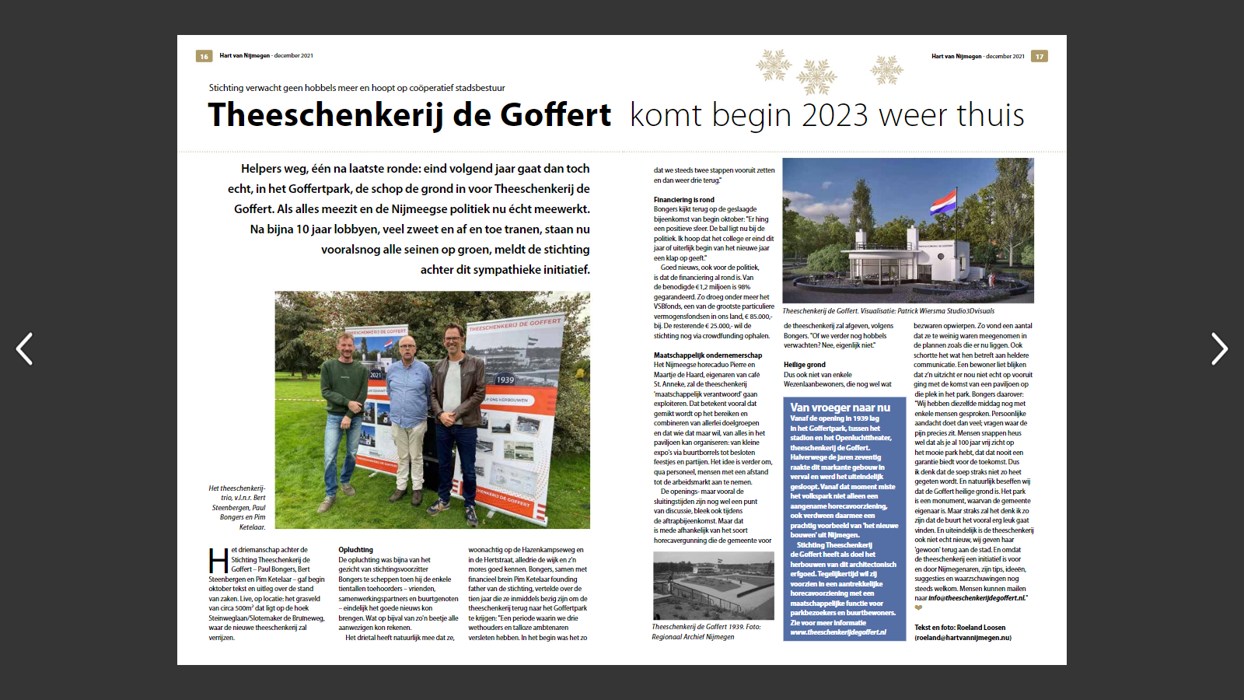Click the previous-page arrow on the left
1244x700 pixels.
(25, 348)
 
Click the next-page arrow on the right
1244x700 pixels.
(1219, 348)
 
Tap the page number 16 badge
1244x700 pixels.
(204, 56)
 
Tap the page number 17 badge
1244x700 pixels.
(1040, 56)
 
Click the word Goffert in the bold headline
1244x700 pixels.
(555, 115)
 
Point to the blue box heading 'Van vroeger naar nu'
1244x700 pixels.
(840, 408)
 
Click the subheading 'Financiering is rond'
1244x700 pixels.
(683, 200)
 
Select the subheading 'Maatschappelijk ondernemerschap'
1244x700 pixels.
(708, 355)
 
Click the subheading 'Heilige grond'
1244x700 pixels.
(804, 365)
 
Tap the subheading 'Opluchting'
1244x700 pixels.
(355, 550)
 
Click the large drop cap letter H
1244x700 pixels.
(218, 561)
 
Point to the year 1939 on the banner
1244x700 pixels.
(505, 380)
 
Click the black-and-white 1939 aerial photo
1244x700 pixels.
(713, 586)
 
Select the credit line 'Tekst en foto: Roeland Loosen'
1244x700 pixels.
(959, 628)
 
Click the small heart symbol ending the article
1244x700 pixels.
(918, 608)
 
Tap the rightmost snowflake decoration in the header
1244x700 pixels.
(886, 70)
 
